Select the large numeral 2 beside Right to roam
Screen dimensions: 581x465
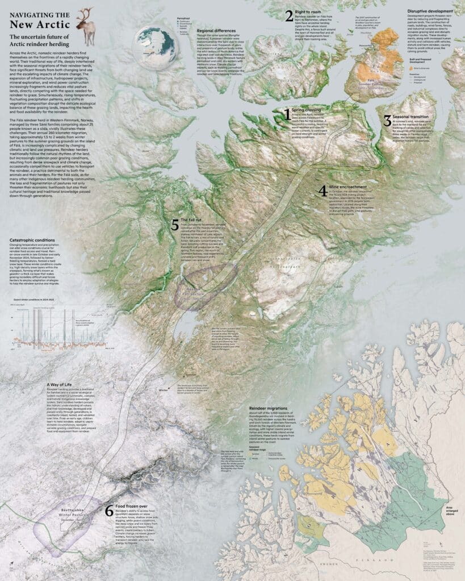[x=289, y=16]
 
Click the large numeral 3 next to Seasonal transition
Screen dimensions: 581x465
[x=387, y=120]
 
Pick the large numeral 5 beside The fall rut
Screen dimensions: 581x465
[x=175, y=224]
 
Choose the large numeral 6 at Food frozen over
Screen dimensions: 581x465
[x=109, y=511]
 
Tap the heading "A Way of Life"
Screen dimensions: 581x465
[x=62, y=384]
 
